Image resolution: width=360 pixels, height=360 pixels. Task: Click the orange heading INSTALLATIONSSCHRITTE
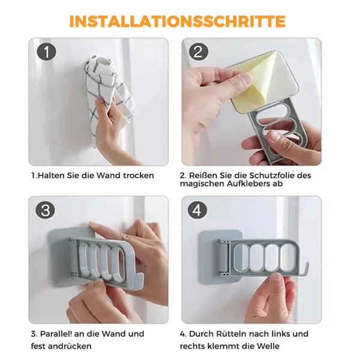177,22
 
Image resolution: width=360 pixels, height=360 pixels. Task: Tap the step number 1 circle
46,52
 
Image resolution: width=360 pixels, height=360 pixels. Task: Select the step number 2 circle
199,52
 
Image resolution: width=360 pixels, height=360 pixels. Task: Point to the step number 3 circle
45,210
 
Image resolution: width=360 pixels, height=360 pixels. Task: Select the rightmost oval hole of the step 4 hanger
287,258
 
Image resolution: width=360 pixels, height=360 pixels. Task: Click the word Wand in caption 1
108,175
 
